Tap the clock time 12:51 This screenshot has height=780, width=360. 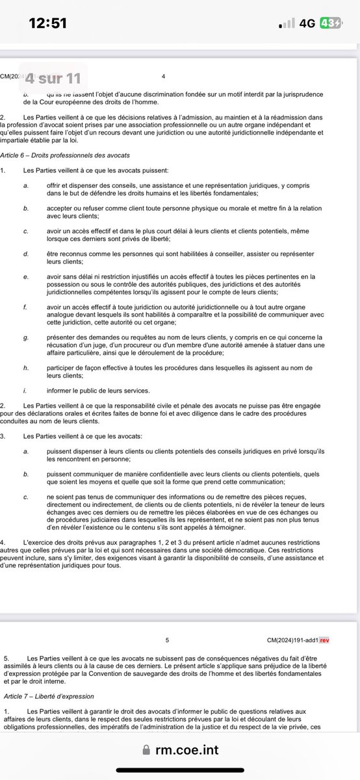[49, 23]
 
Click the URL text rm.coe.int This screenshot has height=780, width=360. [186, 750]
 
